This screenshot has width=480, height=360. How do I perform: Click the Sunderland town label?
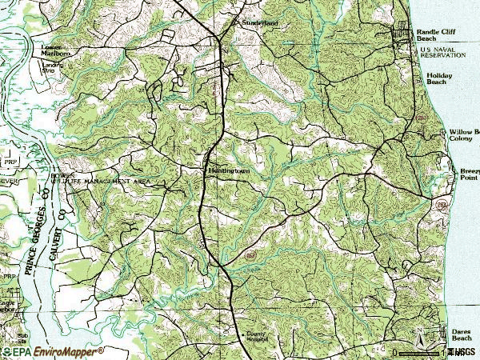tap(260, 24)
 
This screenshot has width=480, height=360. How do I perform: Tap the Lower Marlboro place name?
tap(56, 50)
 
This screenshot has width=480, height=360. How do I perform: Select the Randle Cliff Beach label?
tap(436, 36)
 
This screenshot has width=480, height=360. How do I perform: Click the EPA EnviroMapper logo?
tap(52, 351)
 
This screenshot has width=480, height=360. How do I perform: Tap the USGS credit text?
tap(462, 352)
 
